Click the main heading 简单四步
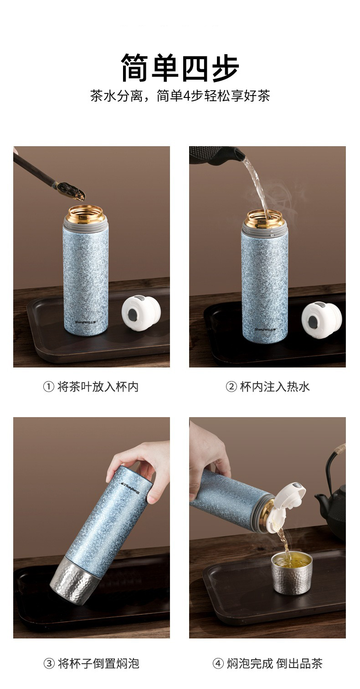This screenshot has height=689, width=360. [180, 67]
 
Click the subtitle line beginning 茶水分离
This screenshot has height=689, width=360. [180, 96]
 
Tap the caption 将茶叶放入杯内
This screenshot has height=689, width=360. [98, 387]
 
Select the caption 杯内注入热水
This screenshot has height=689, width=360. [275, 387]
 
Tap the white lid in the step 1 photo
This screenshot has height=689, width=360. [141, 313]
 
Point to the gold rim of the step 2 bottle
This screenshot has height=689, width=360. [265, 219]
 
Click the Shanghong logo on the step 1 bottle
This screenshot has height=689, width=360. [85, 322]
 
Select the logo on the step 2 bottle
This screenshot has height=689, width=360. [265, 329]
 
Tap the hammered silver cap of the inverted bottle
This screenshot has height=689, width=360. [74, 578]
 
